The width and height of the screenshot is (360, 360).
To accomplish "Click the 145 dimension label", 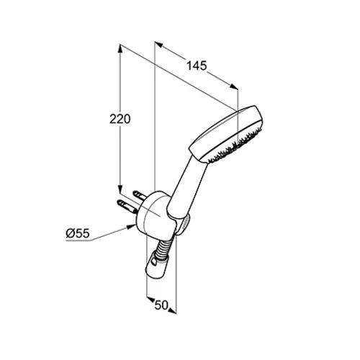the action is point(197,66).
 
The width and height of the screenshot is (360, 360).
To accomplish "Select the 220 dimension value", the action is point(120,119).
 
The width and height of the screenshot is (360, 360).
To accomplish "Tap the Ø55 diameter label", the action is point(78,233).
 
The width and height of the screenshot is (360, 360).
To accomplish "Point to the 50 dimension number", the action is point(161,305).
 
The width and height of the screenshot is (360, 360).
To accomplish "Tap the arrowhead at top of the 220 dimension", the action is point(120,49).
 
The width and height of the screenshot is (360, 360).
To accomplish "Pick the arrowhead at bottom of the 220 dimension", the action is point(120,189).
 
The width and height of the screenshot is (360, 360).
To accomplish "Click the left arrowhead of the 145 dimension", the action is point(159,45).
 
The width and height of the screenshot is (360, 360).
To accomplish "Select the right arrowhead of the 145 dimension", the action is point(234,87).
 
